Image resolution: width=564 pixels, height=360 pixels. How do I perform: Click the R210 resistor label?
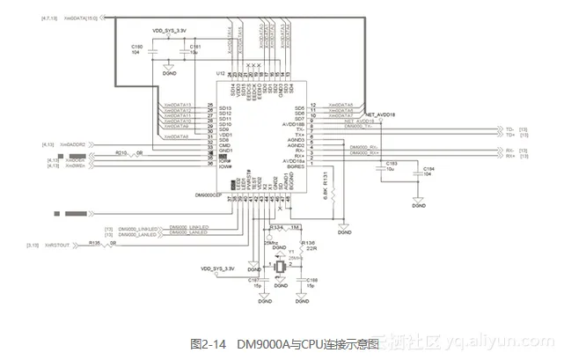tap(121, 153)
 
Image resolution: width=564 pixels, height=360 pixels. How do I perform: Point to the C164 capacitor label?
tap(428, 169)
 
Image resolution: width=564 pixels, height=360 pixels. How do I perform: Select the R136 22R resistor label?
tap(308, 244)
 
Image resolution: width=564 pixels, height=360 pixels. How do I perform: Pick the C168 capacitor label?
tap(312, 281)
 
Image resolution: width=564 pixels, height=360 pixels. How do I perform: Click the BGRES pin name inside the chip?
tap(293, 166)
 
